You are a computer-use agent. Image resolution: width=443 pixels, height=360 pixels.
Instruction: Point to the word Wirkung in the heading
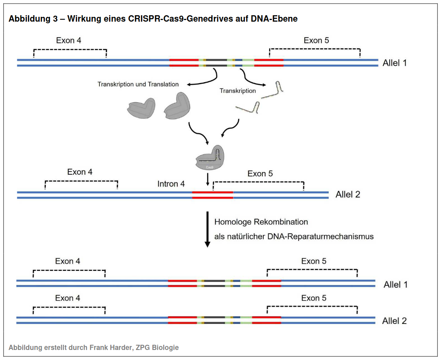coord(82,19)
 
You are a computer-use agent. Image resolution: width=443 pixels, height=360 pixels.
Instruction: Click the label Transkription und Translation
coord(138,84)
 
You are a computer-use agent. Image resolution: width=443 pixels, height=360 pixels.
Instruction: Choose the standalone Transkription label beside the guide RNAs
coord(238,91)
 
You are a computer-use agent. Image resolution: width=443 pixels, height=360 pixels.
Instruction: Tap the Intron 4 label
coord(171,184)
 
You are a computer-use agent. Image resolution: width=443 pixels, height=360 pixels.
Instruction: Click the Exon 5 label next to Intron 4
coord(260,174)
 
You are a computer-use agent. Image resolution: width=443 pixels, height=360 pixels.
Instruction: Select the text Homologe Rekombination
coord(261,222)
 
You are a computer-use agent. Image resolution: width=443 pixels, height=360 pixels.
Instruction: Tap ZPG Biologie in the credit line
coord(157,347)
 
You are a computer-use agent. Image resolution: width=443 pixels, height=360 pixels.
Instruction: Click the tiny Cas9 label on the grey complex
coord(210,167)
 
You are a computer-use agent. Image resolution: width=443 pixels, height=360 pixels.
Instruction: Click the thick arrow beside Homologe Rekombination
coord(207,229)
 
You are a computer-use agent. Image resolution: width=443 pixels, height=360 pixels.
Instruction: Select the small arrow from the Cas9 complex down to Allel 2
coord(208,180)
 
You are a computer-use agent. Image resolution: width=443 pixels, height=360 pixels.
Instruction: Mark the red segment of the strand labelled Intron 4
coord(213,195)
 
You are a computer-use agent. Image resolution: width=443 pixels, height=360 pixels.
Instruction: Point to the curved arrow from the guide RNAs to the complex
coord(232,129)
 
